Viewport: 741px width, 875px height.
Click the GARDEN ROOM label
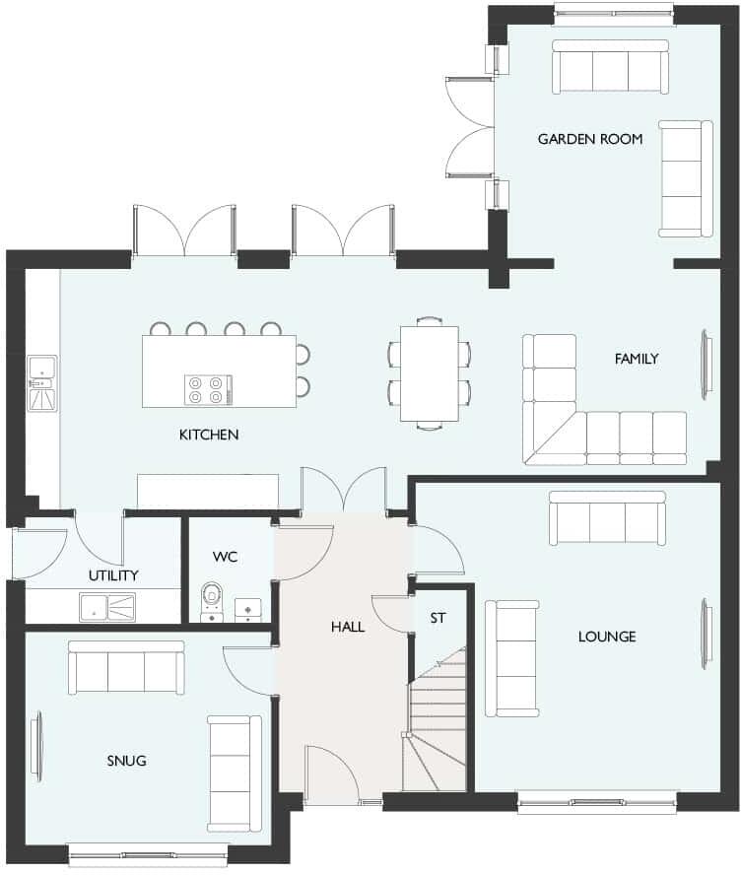[x=589, y=139]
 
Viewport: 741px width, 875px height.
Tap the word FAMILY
[x=636, y=359]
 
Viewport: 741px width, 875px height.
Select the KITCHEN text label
[x=209, y=435]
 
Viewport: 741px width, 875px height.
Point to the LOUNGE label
[x=606, y=637]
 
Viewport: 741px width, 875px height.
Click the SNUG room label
[x=126, y=760]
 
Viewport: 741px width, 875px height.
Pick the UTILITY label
[x=113, y=575]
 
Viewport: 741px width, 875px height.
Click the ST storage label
[x=438, y=618]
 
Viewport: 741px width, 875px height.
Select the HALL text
[x=348, y=627]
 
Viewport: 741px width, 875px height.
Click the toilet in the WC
[x=213, y=602]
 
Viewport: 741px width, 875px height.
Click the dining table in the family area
[x=429, y=372]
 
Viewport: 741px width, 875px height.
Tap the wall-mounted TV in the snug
[x=36, y=745]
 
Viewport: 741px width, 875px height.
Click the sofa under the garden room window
[x=610, y=67]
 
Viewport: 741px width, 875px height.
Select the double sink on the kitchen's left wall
[x=42, y=384]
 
